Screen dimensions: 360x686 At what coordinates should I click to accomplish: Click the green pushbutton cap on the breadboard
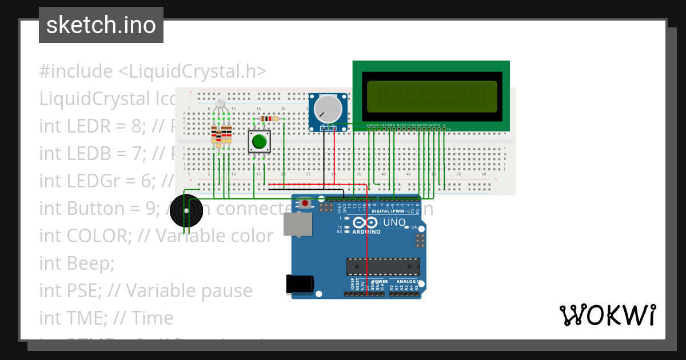pyautogui.click(x=260, y=141)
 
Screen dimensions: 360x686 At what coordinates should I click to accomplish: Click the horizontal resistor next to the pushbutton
pyautogui.click(x=269, y=119)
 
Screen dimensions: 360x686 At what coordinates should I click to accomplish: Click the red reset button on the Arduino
pyautogui.click(x=306, y=203)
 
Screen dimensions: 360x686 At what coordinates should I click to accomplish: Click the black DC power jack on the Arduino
pyautogui.click(x=300, y=283)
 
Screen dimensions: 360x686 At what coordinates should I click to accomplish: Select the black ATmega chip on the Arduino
pyautogui.click(x=382, y=266)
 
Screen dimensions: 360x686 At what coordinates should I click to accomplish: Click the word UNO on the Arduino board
pyautogui.click(x=394, y=222)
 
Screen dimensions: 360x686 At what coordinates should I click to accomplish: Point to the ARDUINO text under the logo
pyautogui.click(x=366, y=232)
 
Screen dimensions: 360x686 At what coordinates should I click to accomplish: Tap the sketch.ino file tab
pyautogui.click(x=101, y=25)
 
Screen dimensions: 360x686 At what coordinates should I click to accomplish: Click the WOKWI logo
pyautogui.click(x=607, y=315)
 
